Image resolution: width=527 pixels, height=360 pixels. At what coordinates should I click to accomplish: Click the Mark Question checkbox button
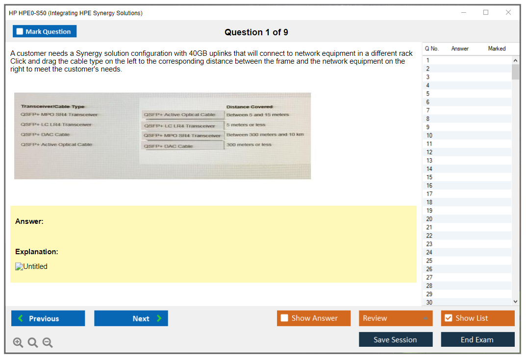44,31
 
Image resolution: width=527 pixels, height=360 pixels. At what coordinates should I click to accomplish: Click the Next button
131,318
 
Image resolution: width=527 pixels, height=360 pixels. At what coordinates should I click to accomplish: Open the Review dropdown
396,318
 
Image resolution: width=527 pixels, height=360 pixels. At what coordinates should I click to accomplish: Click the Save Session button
396,339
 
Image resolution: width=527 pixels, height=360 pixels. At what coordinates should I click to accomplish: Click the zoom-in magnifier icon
18,342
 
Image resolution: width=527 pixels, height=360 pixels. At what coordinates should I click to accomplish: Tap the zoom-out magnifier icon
48,342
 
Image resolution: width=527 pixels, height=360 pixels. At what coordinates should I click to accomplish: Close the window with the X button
508,12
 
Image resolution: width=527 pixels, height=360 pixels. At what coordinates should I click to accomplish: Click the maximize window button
486,12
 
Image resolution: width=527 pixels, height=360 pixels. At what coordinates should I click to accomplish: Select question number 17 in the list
429,194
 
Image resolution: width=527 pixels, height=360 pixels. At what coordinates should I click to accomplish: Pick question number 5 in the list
427,94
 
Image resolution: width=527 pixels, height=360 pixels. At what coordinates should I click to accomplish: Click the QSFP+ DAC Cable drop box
182,146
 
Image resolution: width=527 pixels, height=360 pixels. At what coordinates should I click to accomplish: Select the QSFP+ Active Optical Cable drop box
182,115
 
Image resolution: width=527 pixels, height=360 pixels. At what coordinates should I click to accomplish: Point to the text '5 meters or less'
246,124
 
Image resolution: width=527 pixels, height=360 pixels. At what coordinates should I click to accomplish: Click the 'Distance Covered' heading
250,107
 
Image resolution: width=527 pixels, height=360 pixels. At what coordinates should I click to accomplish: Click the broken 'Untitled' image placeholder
31,266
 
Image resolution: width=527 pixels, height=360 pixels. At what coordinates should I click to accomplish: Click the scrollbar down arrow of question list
516,302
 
